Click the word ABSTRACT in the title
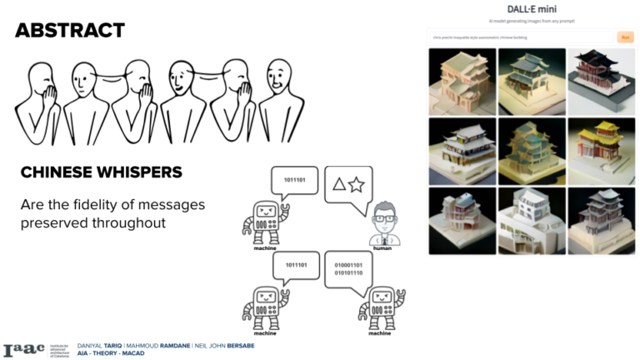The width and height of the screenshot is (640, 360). coord(69,32)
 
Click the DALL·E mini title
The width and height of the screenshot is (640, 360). coord(531,8)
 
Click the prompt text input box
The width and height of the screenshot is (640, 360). coord(520,37)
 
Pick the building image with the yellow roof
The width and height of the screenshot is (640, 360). coord(600,150)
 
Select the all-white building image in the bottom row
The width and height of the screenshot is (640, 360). coord(531,221)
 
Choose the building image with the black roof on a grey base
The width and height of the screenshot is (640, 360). coord(600,82)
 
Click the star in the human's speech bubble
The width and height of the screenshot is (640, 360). coord(357,184)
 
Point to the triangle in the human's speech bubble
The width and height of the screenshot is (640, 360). coord(339,184)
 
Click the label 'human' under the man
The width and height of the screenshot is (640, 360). coord(384,248)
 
